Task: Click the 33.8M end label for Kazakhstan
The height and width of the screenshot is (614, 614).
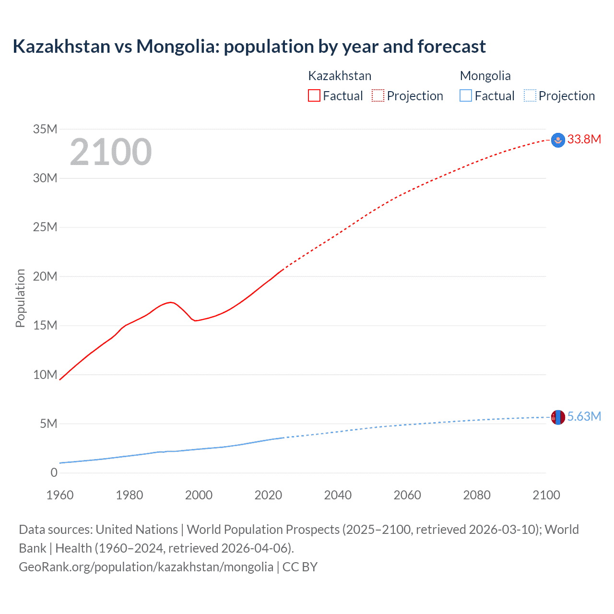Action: (584, 139)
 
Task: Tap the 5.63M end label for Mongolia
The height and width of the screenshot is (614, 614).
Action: (584, 416)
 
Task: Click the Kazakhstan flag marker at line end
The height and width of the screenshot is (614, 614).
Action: (558, 140)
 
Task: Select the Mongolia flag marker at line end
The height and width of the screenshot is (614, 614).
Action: (558, 417)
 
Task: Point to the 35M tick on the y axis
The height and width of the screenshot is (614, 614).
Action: (45, 129)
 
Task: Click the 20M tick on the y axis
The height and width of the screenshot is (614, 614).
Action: (45, 276)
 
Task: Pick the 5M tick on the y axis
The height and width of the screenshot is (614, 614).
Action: (48, 424)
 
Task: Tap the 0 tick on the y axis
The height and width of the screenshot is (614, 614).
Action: (54, 472)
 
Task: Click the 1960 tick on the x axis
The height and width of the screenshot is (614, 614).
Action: (60, 495)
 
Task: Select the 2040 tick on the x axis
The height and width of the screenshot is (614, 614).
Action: (338, 495)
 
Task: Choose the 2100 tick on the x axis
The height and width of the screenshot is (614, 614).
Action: (546, 495)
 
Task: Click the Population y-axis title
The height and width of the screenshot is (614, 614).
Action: (20, 298)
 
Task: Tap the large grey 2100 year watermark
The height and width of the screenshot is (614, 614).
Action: (111, 152)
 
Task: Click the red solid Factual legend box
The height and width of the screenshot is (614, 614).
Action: (314, 95)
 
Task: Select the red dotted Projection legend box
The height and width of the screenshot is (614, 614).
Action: (378, 95)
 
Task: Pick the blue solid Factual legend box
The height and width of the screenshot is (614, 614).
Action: (466, 95)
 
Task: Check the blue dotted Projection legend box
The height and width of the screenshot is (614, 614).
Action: (530, 95)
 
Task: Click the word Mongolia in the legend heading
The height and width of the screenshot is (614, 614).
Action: (485, 76)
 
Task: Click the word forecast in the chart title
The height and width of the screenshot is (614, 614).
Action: (451, 47)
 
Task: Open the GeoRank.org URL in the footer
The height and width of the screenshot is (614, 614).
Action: (146, 567)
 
